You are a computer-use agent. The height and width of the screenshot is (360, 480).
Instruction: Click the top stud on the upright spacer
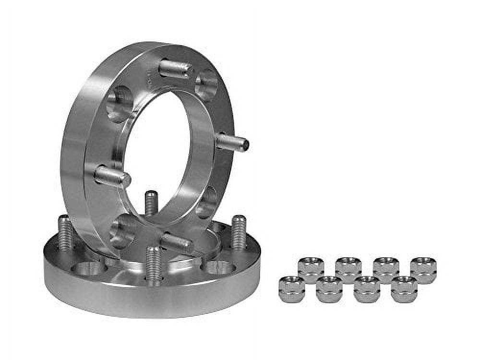[175, 69]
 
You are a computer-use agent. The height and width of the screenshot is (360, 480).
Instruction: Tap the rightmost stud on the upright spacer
[232, 143]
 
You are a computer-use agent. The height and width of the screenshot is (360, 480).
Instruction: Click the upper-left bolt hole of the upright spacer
[119, 104]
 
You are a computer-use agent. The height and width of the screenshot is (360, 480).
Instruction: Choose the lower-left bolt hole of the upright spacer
[122, 231]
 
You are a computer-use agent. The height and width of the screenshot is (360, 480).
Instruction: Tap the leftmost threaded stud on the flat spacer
[65, 232]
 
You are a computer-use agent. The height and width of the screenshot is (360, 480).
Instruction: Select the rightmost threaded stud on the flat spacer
[239, 232]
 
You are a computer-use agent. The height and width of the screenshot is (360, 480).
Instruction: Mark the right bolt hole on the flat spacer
[220, 267]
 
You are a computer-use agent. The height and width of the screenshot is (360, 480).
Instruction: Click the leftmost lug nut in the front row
[291, 289]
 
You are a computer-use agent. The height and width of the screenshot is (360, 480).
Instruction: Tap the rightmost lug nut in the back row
[423, 270]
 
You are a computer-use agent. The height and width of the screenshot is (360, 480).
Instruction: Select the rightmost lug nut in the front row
[404, 289]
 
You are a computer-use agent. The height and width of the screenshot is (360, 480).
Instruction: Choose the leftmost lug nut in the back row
[311, 270]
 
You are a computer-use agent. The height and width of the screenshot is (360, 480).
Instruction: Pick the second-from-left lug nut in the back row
[348, 270]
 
